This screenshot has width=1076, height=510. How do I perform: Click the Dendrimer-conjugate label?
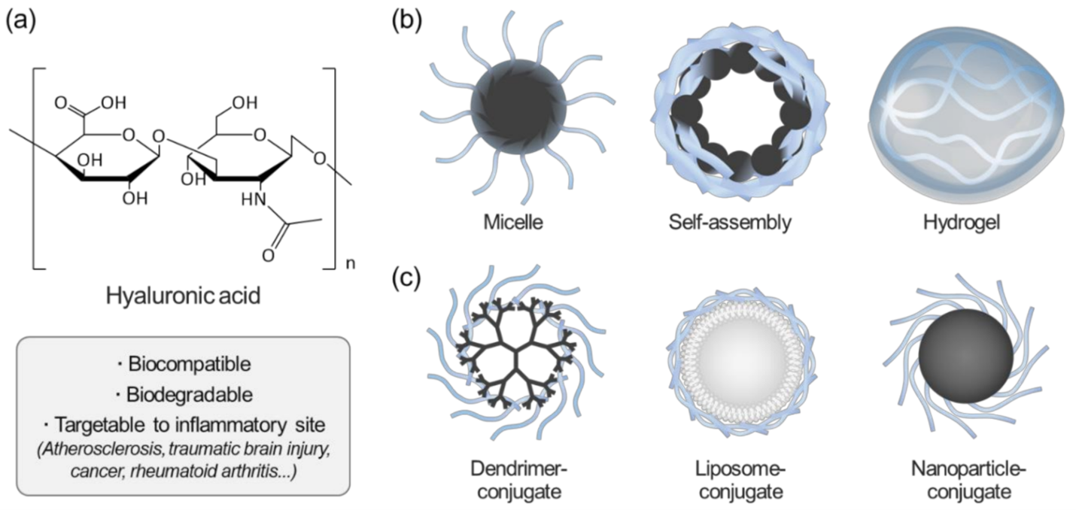pyautogui.click(x=518, y=481)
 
